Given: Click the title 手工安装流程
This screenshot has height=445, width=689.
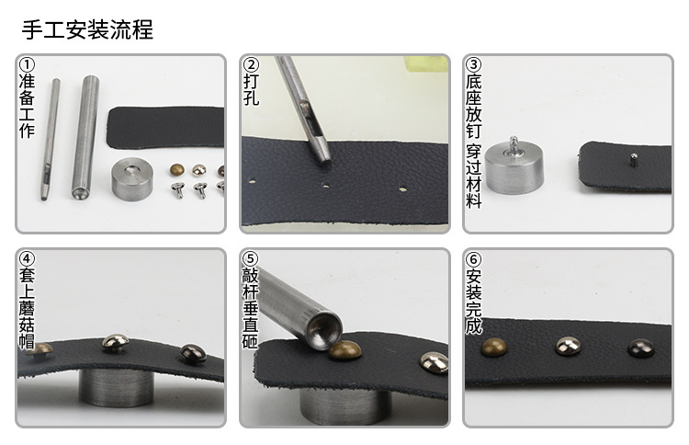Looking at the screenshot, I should [87, 29].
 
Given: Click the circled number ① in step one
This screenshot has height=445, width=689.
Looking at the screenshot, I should [27, 65].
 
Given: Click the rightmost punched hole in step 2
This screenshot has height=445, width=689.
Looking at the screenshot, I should [402, 190].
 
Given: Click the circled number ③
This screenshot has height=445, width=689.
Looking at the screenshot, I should [473, 65].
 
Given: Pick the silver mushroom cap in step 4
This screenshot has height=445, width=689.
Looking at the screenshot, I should [114, 344].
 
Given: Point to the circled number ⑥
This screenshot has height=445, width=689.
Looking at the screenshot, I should [473, 259].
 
